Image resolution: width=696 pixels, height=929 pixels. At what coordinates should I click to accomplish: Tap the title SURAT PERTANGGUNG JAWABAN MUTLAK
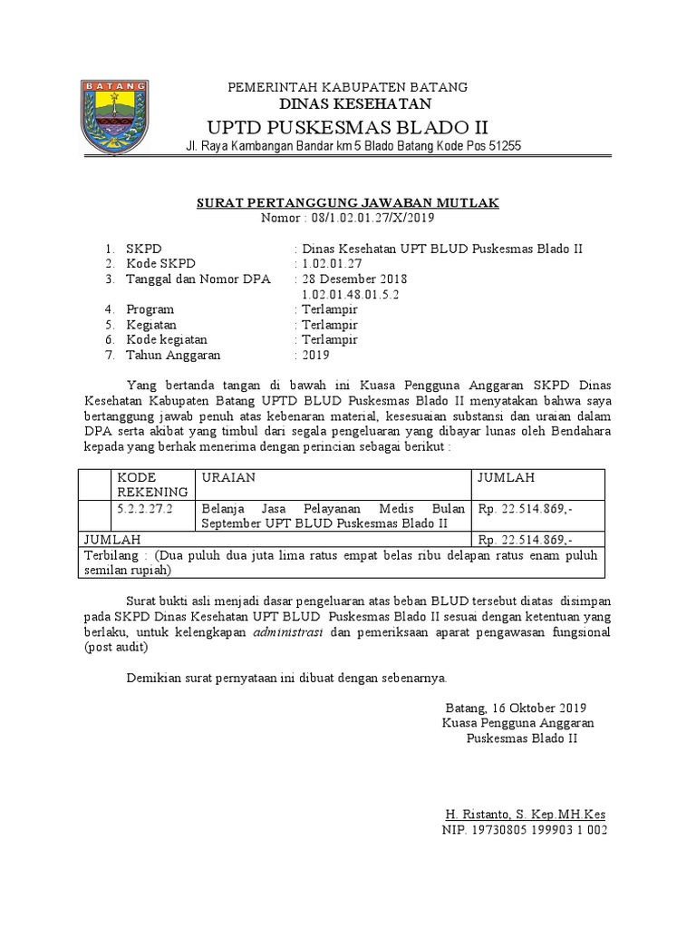tap(348, 202)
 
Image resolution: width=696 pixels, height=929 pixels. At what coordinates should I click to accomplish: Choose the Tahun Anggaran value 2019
tap(316, 355)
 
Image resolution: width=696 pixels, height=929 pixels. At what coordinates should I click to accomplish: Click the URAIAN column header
tap(228, 477)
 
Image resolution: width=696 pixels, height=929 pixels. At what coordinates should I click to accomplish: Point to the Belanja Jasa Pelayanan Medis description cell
tap(333, 516)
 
